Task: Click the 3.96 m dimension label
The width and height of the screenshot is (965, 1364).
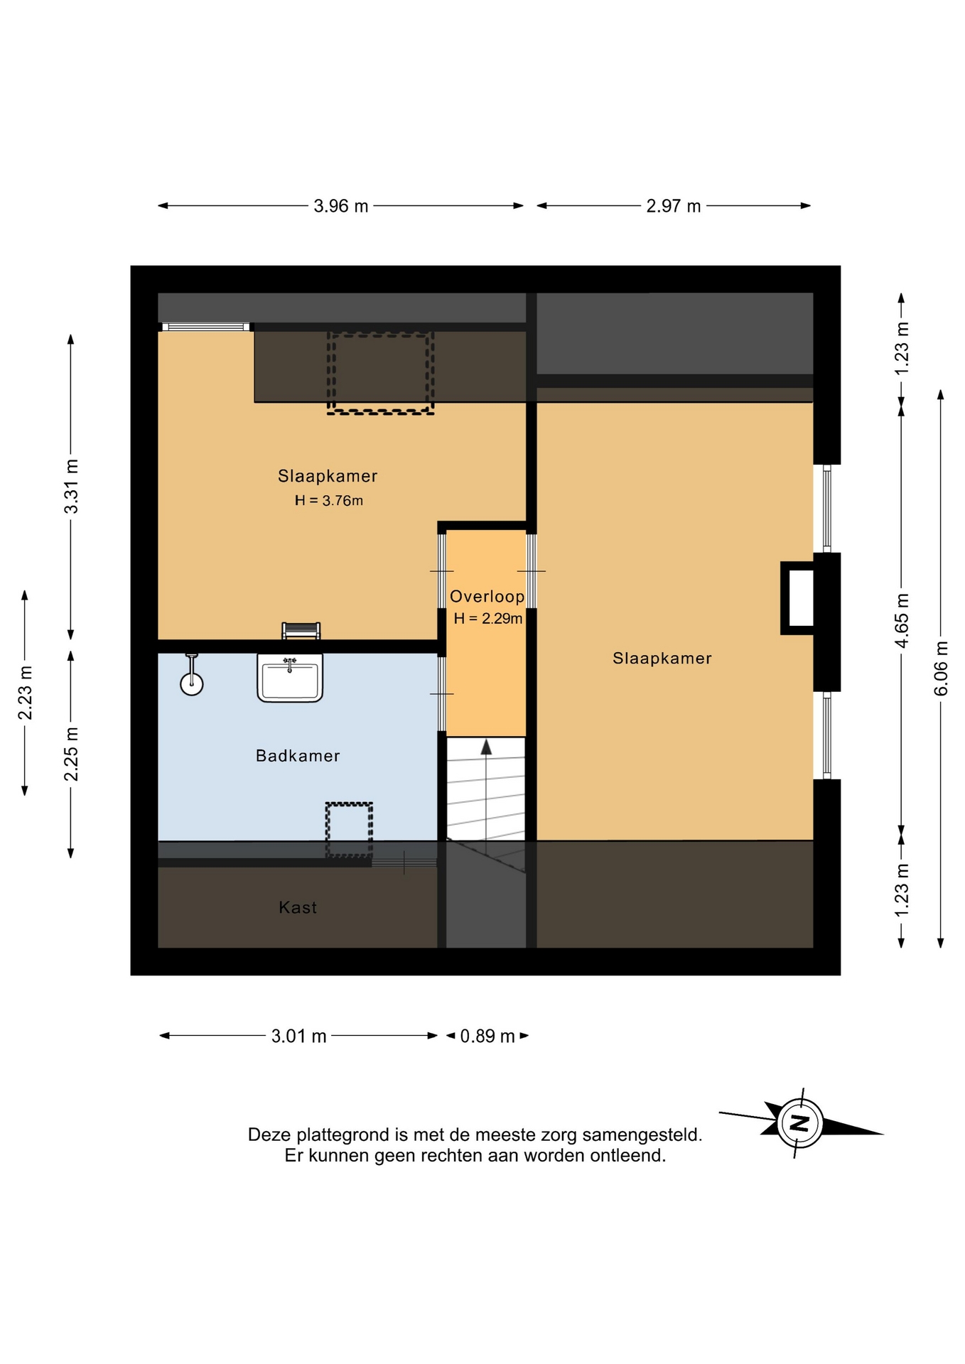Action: click(x=341, y=206)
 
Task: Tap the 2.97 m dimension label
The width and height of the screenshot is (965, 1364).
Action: click(x=674, y=206)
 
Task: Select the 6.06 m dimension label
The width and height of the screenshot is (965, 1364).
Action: click(x=941, y=669)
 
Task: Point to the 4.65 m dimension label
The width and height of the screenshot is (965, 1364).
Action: click(x=901, y=620)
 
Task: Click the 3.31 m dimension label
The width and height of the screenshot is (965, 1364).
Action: click(x=71, y=486)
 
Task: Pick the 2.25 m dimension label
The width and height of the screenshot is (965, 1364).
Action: click(x=71, y=754)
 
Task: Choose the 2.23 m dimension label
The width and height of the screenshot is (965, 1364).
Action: click(x=25, y=693)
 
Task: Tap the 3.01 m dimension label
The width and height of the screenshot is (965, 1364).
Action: click(x=298, y=1036)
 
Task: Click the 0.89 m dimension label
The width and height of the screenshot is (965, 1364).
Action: click(x=487, y=1036)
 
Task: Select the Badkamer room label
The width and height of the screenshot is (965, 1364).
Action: click(x=298, y=755)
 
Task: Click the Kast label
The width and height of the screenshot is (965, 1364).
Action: click(x=298, y=907)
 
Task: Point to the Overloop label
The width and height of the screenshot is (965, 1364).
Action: click(x=487, y=597)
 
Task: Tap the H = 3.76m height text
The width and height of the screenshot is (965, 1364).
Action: click(x=329, y=501)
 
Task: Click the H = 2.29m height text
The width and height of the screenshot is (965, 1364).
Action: click(x=488, y=619)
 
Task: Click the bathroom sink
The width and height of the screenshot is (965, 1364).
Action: click(x=290, y=678)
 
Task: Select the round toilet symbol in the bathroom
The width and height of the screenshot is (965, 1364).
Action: click(x=192, y=683)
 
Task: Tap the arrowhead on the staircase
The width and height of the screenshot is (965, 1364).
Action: click(x=486, y=747)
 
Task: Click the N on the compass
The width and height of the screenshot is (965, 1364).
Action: click(x=800, y=1123)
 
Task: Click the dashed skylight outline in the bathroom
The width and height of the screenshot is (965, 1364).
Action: click(x=349, y=830)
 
